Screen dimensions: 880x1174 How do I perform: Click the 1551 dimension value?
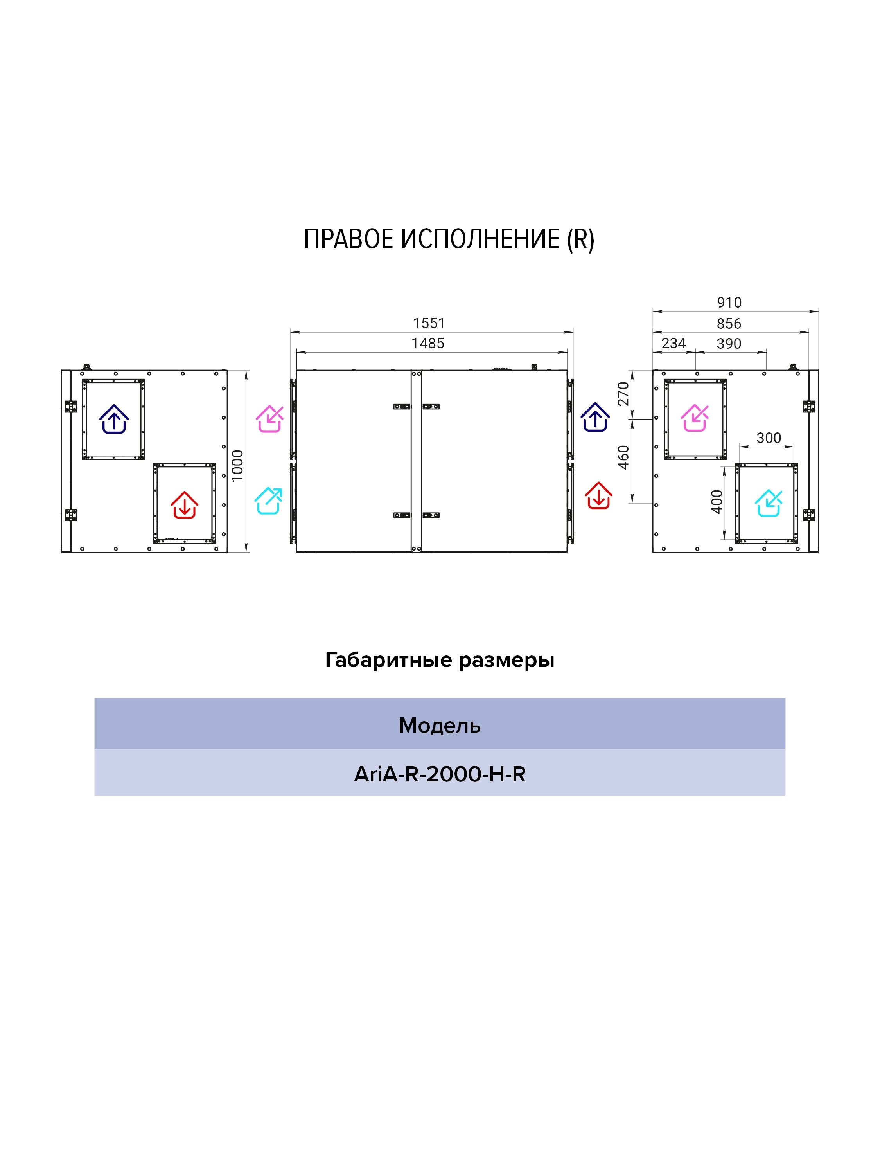pyautogui.click(x=429, y=323)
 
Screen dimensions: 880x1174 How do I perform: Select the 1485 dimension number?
pyautogui.click(x=427, y=343)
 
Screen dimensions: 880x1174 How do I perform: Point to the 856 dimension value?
pyautogui.click(x=729, y=324)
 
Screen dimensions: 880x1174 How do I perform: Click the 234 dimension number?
pyautogui.click(x=673, y=343)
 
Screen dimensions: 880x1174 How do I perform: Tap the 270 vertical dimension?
pyautogui.click(x=623, y=393)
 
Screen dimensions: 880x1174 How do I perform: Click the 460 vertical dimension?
pyautogui.click(x=623, y=457)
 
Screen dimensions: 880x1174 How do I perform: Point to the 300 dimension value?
pyautogui.click(x=769, y=438)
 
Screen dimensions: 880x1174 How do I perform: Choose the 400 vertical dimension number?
pyautogui.click(x=717, y=502)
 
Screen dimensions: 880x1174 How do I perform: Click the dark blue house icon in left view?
pyautogui.click(x=114, y=419)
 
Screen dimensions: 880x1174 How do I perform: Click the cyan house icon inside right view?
pyautogui.click(x=769, y=502)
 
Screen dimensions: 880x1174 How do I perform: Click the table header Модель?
pyautogui.click(x=440, y=726)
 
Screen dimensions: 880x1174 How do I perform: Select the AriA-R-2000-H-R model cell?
pyautogui.click(x=440, y=774)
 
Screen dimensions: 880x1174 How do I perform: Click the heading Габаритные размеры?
pyautogui.click(x=440, y=660)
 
